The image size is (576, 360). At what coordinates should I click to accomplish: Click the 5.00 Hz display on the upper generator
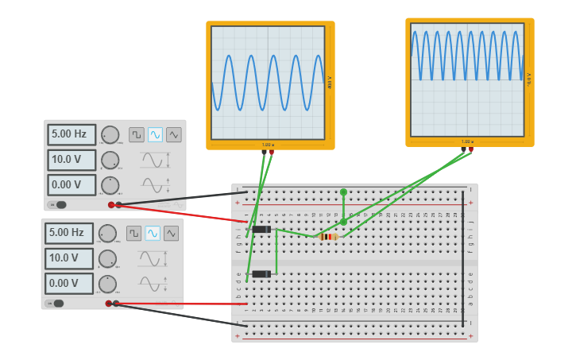coord(72,134)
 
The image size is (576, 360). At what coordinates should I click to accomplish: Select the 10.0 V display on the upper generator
coord(72,160)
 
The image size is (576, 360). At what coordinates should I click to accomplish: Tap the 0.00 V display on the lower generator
coord(69,283)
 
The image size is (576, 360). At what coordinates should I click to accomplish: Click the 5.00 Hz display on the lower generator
coord(69,233)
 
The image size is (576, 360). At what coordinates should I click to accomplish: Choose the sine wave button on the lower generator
coord(153,233)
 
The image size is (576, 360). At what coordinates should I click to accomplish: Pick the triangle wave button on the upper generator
coord(173,134)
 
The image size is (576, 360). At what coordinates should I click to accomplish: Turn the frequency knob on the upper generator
coord(110,134)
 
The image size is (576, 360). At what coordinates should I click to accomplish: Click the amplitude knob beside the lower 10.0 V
coord(107,258)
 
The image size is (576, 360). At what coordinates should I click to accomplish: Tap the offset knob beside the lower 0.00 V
coord(107,284)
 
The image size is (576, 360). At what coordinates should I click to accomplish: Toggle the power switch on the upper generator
coord(59,204)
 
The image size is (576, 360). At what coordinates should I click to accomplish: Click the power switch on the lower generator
coord(56,303)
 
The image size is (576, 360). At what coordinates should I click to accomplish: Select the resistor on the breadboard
coord(327,236)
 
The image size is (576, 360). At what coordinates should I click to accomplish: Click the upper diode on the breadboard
coord(260,230)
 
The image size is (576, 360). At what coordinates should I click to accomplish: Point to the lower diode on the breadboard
coord(260,274)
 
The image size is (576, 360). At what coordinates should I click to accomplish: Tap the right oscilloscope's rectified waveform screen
coord(467,79)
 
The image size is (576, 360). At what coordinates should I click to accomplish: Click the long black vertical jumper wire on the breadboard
coord(463,258)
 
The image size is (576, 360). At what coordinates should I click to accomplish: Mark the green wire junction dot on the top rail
coord(343,192)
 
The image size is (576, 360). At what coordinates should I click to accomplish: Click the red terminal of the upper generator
coord(111,205)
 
